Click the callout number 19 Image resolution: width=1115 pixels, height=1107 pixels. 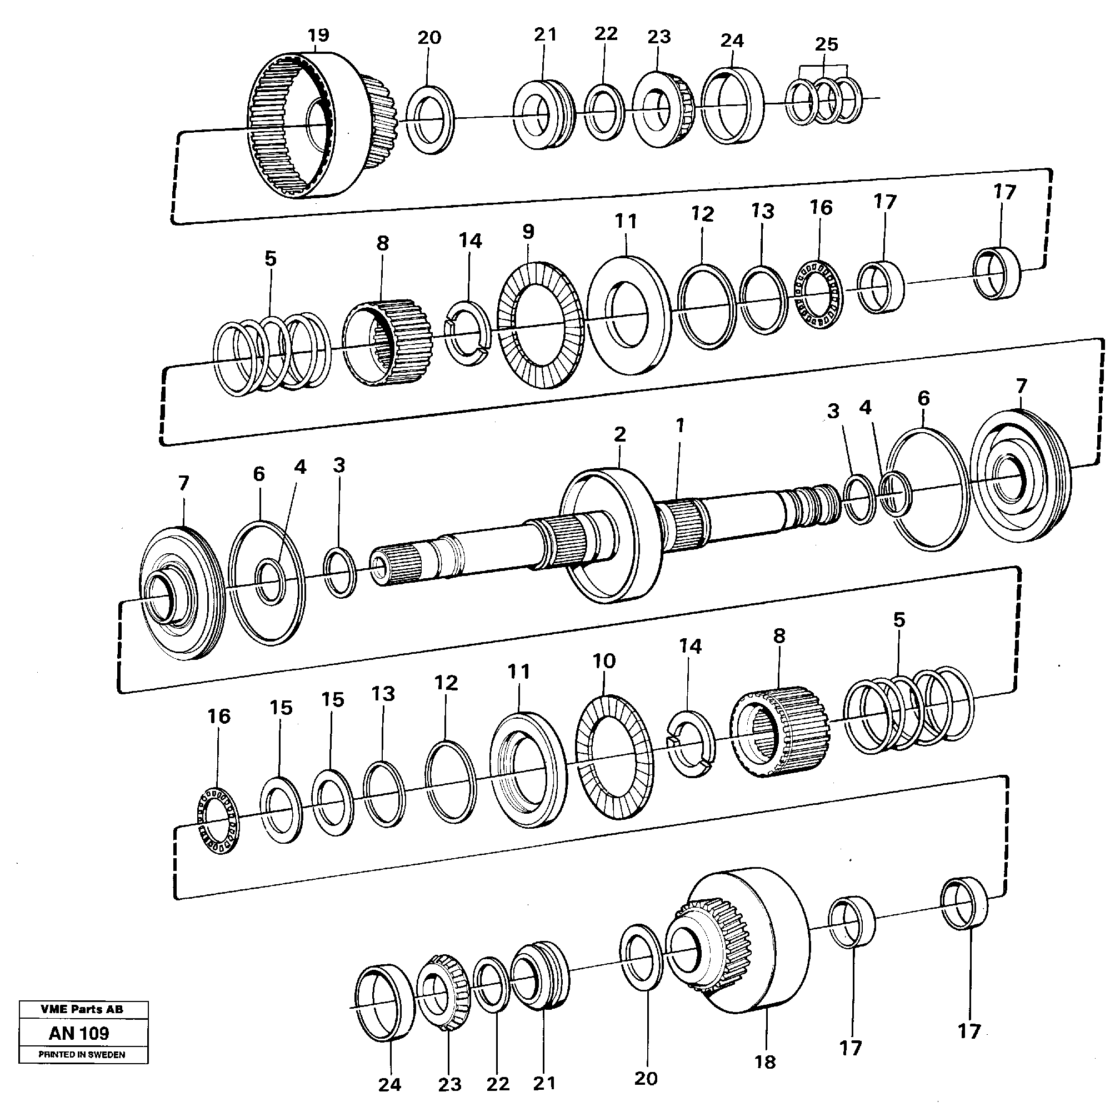point(318,35)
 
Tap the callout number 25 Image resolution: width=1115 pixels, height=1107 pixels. point(826,44)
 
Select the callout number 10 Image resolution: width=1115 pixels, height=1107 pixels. point(604,660)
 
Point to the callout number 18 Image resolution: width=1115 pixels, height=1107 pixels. point(764,1061)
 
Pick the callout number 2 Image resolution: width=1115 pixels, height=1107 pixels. point(620,434)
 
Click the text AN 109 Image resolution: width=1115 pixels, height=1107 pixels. point(79,1033)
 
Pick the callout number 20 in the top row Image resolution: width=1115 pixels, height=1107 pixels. point(429,38)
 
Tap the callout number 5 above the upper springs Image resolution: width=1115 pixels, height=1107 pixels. point(271,258)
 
